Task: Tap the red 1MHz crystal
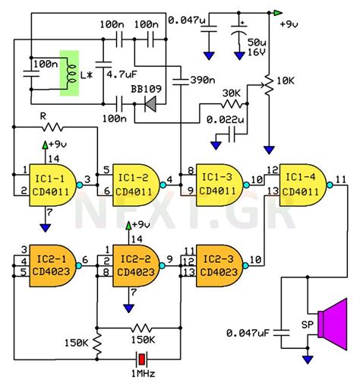pyautogui.click(x=141, y=358)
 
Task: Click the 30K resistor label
pyautogui.click(x=232, y=93)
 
